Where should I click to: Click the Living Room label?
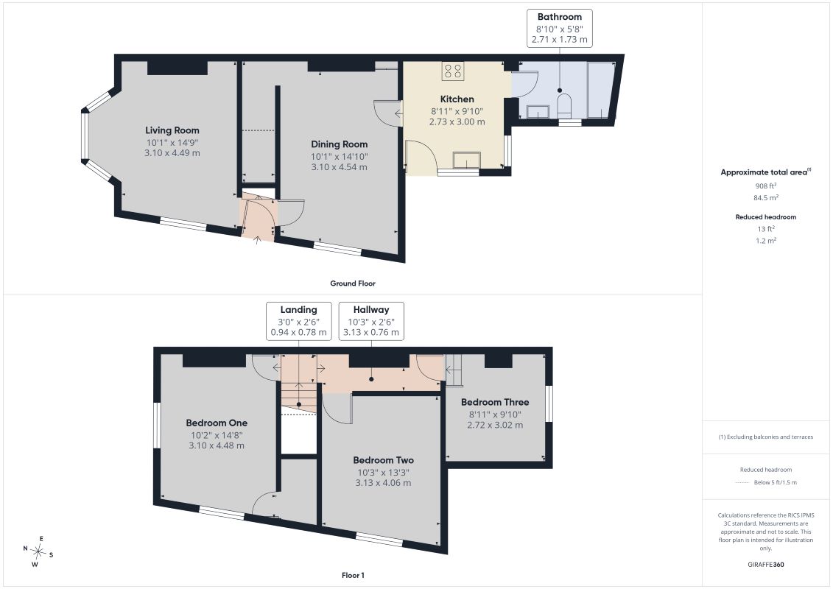(x=172, y=130)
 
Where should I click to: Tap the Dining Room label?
(x=339, y=144)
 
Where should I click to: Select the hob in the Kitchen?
(x=453, y=71)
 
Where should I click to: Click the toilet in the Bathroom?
(x=564, y=106)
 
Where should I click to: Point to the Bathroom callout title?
(x=560, y=17)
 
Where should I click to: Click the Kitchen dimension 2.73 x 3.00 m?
(x=457, y=121)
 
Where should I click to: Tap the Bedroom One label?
(x=217, y=423)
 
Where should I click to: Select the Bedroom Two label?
(x=383, y=460)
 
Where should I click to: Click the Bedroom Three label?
(x=495, y=402)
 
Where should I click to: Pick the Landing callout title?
(x=298, y=310)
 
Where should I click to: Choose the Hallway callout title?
(x=370, y=310)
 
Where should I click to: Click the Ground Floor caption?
(x=353, y=283)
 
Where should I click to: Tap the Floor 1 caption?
(x=353, y=575)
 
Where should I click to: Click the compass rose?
(x=38, y=552)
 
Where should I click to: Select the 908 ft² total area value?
(x=765, y=186)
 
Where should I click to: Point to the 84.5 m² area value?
(x=765, y=197)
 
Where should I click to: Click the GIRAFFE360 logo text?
(x=765, y=565)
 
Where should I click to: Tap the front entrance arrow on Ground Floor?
(x=258, y=239)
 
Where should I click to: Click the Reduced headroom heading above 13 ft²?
(x=765, y=216)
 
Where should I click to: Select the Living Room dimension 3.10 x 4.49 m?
(x=172, y=153)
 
